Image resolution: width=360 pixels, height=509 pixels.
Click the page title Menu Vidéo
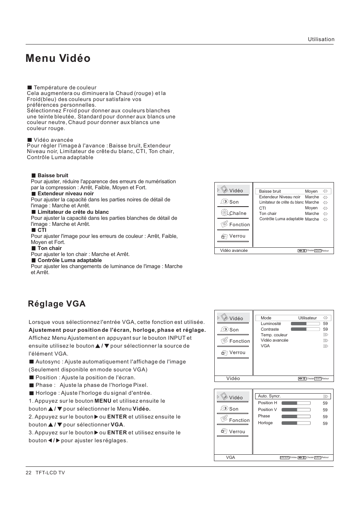click(x=58, y=58)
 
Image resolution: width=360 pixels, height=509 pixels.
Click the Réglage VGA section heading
click(x=57, y=304)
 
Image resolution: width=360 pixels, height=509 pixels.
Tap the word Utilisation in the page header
click(x=321, y=39)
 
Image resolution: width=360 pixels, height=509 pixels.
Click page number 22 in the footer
click(x=28, y=473)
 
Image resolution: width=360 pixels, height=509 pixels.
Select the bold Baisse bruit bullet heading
click(x=53, y=175)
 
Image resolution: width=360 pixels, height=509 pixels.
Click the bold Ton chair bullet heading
click(x=49, y=248)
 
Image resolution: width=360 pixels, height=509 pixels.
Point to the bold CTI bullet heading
click(x=42, y=230)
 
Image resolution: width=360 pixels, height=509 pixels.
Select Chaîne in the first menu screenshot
click(x=237, y=213)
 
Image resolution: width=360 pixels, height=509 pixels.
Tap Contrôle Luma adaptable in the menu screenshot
click(x=281, y=219)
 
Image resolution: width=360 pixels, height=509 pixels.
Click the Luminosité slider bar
click(x=305, y=323)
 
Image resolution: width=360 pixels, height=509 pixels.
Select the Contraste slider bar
click(x=305, y=329)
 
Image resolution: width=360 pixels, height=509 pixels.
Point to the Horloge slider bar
click(x=296, y=423)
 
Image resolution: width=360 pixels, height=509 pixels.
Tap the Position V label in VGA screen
click(x=267, y=410)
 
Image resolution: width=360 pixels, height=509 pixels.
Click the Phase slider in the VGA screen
click(x=296, y=417)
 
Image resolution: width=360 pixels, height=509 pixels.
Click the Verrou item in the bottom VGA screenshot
click(x=237, y=432)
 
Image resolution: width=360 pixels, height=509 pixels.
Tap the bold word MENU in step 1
click(x=103, y=401)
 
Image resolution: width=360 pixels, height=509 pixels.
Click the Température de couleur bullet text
click(x=65, y=87)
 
